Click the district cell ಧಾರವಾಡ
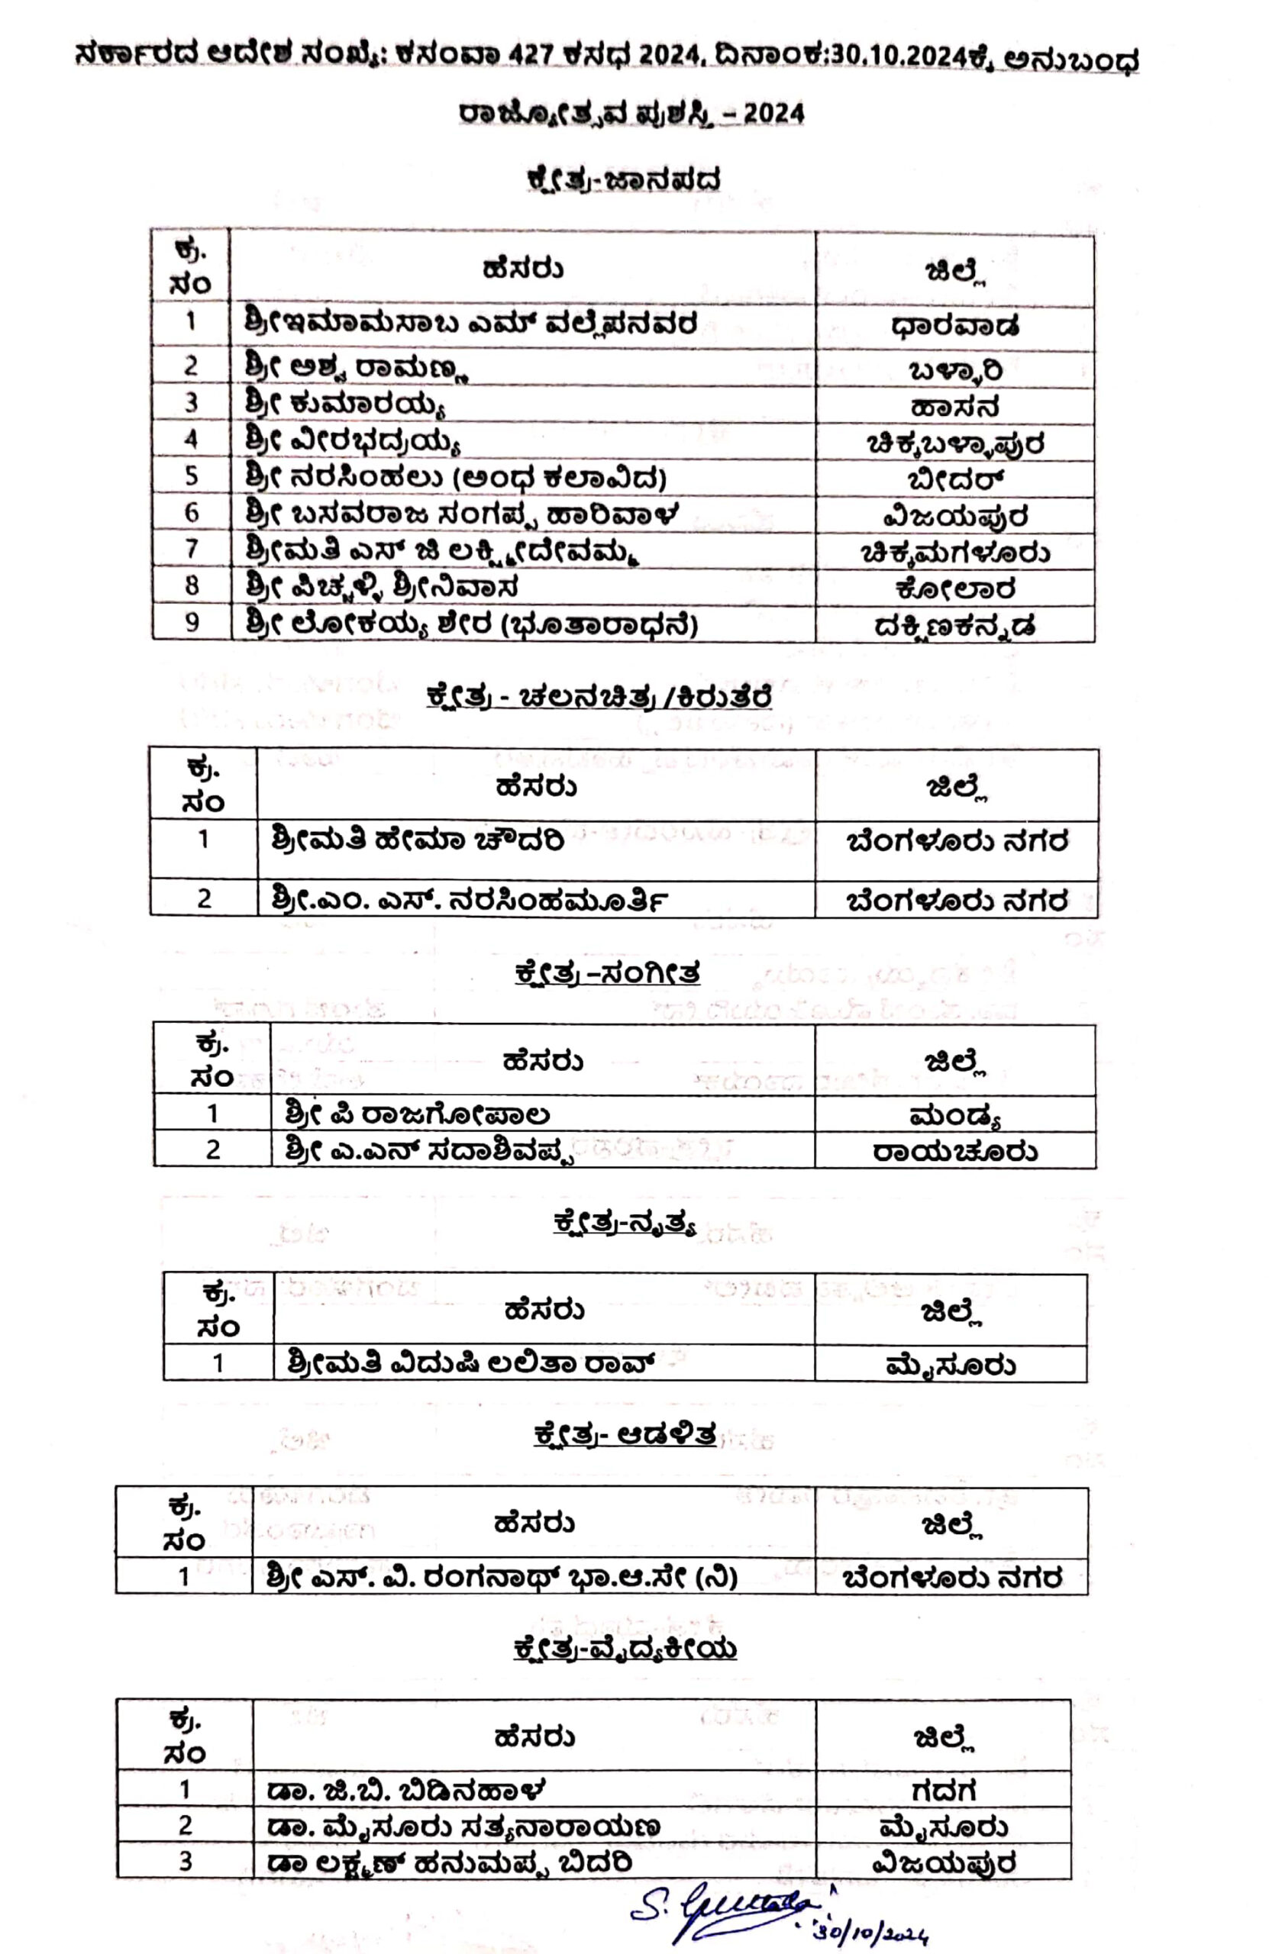point(954,326)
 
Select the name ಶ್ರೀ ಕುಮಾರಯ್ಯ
point(346,403)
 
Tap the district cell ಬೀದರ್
point(955,479)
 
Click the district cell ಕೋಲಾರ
point(955,588)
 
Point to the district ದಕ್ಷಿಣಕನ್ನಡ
point(954,627)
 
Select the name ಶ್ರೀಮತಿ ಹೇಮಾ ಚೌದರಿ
point(417,840)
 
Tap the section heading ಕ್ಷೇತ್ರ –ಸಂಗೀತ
point(607,974)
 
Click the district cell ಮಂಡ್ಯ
point(954,1115)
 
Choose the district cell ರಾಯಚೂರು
point(954,1150)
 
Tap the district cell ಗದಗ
point(943,1789)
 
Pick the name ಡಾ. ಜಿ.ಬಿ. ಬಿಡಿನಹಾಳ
point(405,1789)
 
